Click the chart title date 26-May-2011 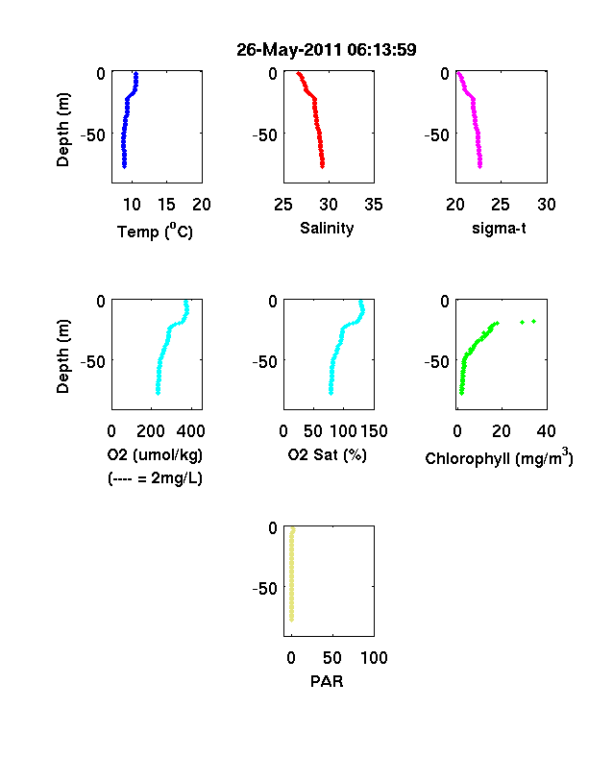pos(288,50)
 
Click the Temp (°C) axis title pos(155,231)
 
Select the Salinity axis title pos(327,228)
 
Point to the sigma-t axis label pos(499,228)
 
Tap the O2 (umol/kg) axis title pos(155,454)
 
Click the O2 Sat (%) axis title pos(327,454)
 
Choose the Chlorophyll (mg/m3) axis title pos(499,457)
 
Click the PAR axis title pos(327,681)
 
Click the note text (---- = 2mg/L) pos(155,478)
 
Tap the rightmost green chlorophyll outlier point pos(534,321)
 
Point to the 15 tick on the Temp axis pos(166,205)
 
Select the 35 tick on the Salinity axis pos(374,205)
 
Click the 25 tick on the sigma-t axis pos(501,205)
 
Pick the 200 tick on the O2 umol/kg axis pos(151,431)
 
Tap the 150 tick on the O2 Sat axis pos(374,431)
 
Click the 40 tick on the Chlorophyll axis pos(546,431)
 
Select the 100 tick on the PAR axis pos(374,658)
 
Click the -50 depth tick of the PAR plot pos(264,589)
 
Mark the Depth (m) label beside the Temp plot pos(62,130)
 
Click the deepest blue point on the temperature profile pos(124,166)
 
